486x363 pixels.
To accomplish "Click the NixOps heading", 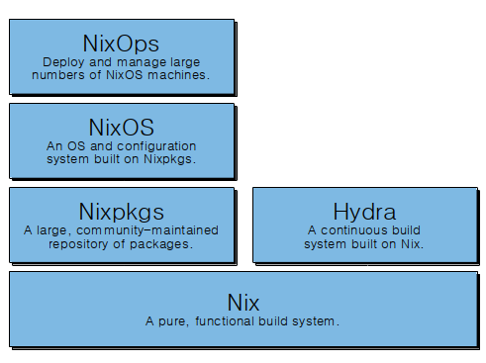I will (x=122, y=43).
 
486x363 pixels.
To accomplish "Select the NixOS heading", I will (x=122, y=127).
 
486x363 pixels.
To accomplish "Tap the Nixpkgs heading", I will (x=122, y=211).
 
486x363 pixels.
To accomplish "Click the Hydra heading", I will (x=365, y=211).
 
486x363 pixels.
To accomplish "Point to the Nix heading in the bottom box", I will (x=243, y=300).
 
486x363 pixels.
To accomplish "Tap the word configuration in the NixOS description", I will (x=161, y=144).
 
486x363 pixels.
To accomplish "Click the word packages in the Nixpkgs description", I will (x=164, y=242).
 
